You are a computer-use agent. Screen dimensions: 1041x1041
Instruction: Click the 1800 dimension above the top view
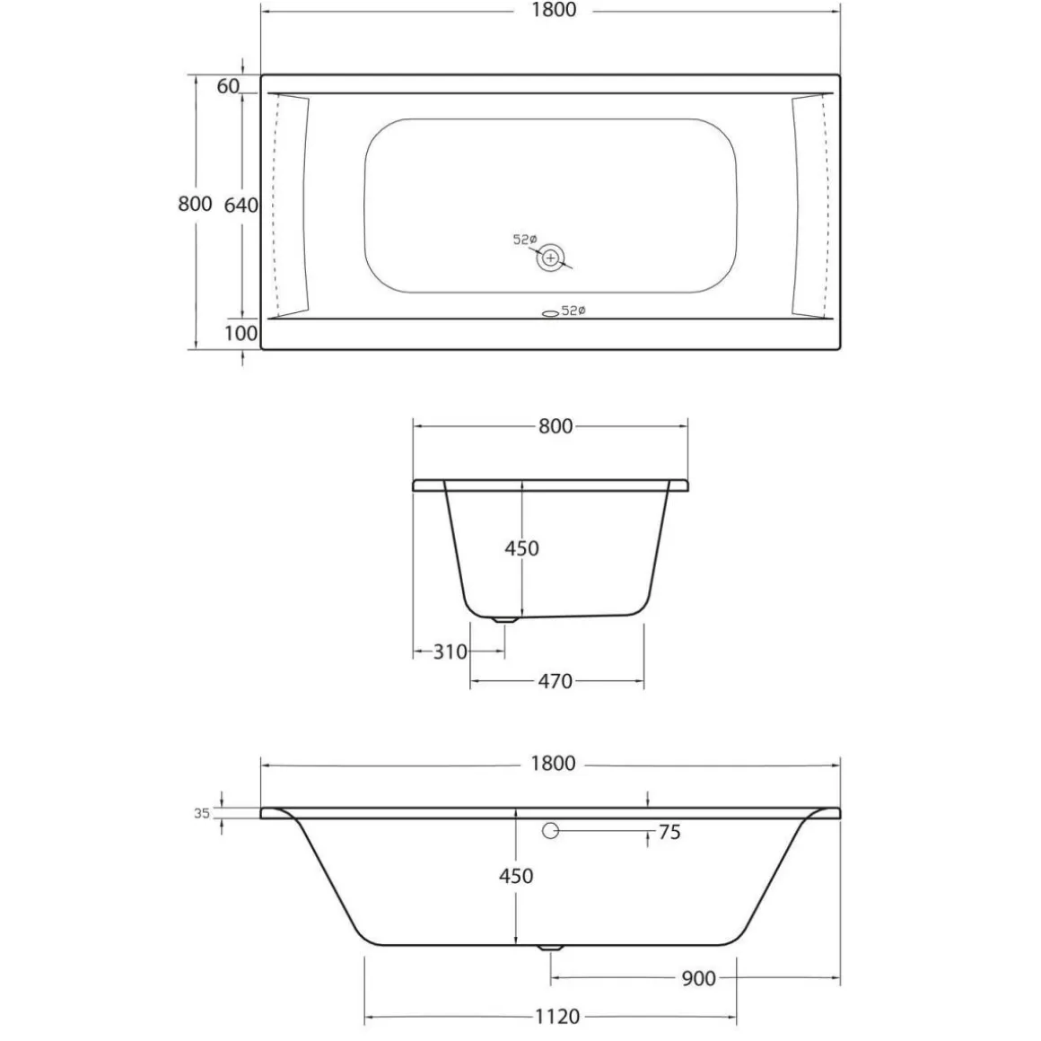pos(552,11)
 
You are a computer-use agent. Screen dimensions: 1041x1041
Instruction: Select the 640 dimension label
pos(241,205)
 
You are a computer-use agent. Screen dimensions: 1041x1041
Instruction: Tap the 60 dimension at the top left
pos(228,85)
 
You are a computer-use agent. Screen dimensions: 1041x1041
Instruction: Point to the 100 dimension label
pos(241,333)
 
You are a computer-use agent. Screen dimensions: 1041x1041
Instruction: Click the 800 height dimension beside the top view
pos(195,204)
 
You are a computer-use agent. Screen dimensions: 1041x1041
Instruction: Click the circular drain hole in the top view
pos(550,258)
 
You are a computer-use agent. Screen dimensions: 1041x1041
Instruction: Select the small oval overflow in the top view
pos(549,313)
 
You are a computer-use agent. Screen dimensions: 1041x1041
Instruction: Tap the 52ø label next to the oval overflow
pos(573,311)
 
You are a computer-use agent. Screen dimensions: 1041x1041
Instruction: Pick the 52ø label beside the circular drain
pos(524,240)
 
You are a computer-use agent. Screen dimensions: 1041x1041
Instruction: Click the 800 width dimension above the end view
pos(555,426)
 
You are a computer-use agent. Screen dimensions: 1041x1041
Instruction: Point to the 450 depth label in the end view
pos(521,547)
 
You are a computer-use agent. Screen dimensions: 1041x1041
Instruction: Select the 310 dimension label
pos(451,652)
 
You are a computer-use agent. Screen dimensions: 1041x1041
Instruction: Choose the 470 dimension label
pos(555,682)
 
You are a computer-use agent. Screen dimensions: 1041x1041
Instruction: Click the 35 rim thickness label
pos(202,813)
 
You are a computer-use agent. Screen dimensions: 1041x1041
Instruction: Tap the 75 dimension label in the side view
pos(669,833)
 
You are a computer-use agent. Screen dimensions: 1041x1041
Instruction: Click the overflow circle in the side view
pos(550,831)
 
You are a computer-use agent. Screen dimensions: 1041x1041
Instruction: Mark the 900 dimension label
pos(698,978)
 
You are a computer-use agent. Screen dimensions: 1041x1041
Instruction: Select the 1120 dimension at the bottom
pos(556,1017)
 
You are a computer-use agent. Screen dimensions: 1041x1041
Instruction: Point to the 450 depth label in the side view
pos(516,876)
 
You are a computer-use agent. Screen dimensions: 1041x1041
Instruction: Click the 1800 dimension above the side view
pos(552,764)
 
